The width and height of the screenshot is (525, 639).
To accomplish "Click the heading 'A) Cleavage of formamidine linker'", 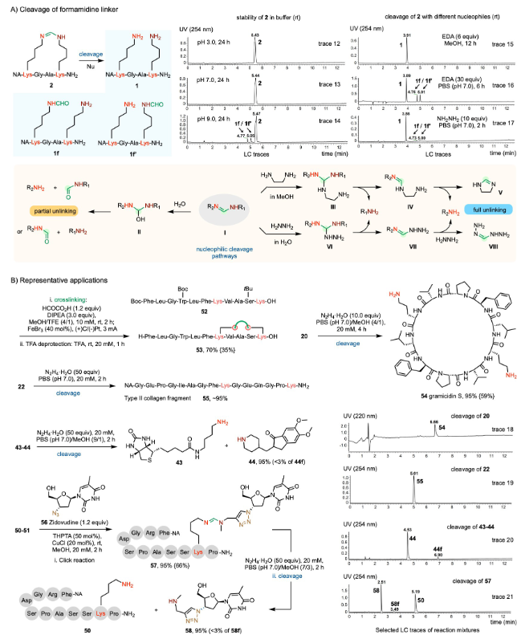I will pyautogui.click(x=64, y=8).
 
